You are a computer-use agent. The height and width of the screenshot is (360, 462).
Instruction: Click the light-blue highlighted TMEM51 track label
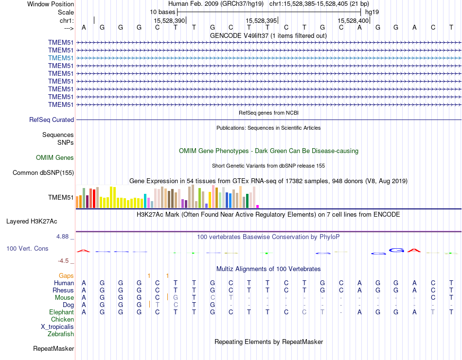tap(61, 58)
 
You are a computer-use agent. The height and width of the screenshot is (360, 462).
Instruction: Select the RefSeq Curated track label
tap(52, 120)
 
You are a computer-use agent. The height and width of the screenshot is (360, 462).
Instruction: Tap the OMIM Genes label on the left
tap(55, 157)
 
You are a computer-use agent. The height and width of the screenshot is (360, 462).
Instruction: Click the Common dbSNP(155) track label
tap(43, 172)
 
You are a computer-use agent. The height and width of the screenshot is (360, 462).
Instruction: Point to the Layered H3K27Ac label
tap(32, 221)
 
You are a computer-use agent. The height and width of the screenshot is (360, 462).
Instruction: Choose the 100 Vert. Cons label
tap(27, 248)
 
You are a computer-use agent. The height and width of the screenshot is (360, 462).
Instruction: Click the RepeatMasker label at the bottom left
tap(53, 348)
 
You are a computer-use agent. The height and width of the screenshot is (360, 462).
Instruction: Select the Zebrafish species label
tap(61, 334)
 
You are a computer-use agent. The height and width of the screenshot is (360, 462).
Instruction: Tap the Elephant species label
tap(61, 312)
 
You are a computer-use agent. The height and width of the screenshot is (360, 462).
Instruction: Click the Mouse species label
tap(64, 297)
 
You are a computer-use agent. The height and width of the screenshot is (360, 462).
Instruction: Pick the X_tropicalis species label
tap(57, 326)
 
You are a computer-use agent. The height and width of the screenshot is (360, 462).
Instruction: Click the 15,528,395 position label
tap(261, 20)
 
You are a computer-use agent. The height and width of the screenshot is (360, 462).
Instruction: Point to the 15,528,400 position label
tap(353, 20)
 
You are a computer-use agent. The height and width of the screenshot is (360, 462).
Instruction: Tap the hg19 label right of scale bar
tap(372, 11)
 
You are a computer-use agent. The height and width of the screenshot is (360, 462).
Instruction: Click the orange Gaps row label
tap(66, 275)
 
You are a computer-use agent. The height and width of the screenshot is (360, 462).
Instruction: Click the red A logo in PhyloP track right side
tap(414, 251)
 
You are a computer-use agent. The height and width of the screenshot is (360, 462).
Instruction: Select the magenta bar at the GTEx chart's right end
tap(258, 206)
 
